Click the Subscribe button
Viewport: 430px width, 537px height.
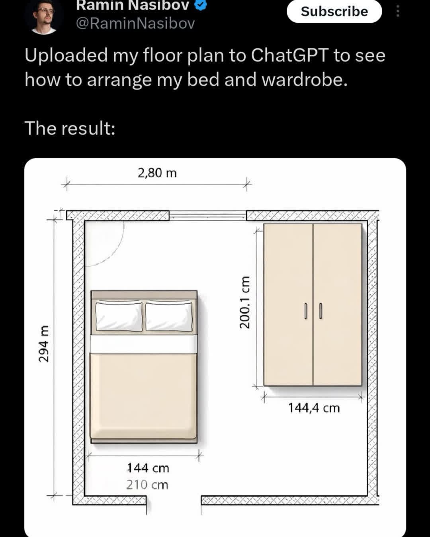pos(334,12)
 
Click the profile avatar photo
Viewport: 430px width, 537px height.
pos(44,17)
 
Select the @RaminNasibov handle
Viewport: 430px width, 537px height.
pos(135,24)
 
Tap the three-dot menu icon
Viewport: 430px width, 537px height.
pos(398,12)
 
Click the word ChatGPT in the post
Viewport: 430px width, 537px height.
pos(289,55)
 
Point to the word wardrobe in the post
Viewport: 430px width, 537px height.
pos(305,80)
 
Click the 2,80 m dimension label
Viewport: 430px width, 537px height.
pos(157,173)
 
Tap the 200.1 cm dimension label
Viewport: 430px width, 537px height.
pos(244,302)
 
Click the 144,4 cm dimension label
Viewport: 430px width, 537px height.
pos(314,409)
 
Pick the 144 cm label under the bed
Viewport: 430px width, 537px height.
pos(148,468)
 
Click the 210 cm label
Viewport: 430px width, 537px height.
pos(147,485)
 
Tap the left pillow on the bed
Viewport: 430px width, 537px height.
pos(119,317)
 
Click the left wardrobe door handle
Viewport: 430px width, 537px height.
pos(305,311)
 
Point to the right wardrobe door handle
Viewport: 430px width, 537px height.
pos(321,311)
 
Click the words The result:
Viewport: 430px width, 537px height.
pos(70,128)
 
